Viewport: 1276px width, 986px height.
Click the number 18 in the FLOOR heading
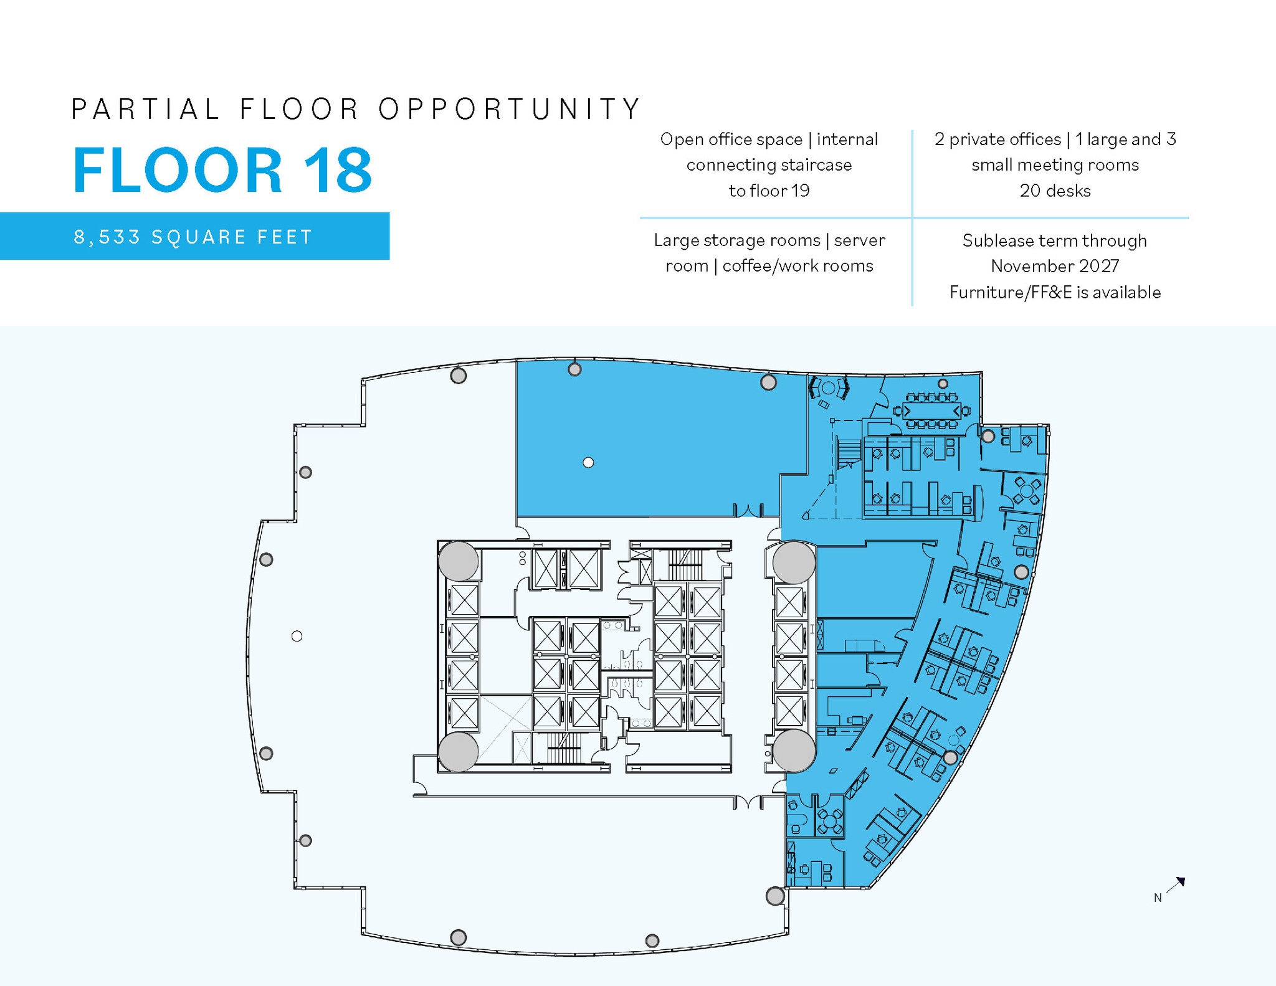click(x=337, y=170)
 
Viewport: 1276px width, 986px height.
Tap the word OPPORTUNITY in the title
click(x=509, y=109)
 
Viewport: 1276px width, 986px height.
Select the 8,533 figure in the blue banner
click(x=107, y=237)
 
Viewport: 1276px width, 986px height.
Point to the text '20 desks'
click(x=1055, y=191)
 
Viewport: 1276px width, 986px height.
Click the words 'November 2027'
click(x=1055, y=266)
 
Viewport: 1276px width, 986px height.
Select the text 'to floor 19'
click(x=769, y=191)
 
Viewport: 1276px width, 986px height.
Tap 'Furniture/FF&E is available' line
click(x=1055, y=292)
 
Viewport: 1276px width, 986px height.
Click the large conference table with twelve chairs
click(x=931, y=411)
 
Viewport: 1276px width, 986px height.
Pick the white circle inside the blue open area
click(x=588, y=462)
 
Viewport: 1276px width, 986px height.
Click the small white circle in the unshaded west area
click(x=297, y=636)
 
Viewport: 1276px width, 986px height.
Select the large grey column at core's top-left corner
click(x=459, y=561)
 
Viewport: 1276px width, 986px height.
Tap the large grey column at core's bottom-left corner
click(x=459, y=751)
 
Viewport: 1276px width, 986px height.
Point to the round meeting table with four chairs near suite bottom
click(x=829, y=822)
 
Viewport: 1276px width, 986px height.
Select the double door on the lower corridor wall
click(x=748, y=802)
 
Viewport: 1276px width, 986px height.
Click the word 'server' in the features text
click(x=859, y=240)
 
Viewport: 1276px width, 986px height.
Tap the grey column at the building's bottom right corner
click(x=775, y=896)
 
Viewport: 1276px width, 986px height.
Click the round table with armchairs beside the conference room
click(x=828, y=388)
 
